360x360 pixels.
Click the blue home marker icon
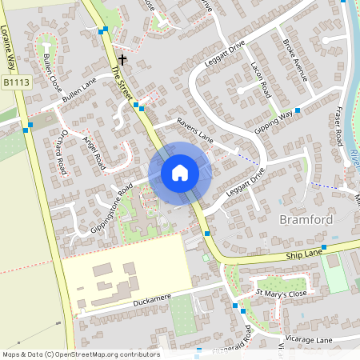180,173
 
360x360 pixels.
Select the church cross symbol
122,59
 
